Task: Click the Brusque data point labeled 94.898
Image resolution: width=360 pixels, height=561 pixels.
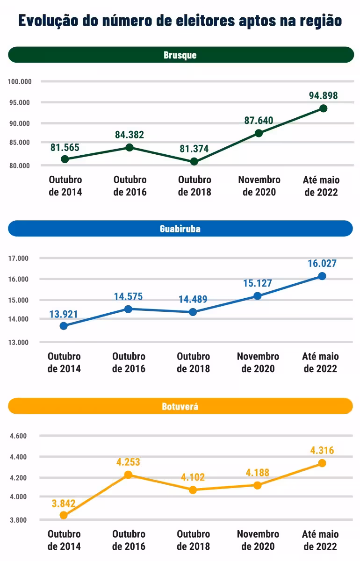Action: [x=323, y=108]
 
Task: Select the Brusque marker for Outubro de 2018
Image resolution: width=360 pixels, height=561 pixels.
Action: [x=194, y=162]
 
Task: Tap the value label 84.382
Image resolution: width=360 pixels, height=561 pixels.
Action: [x=130, y=135]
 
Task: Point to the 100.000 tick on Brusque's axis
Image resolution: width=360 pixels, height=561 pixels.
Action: [x=20, y=82]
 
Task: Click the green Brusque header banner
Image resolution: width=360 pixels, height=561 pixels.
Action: [x=180, y=55]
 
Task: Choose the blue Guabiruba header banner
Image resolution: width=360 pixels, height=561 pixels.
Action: [x=180, y=229]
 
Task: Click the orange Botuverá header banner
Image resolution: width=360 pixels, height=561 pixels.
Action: [x=180, y=406]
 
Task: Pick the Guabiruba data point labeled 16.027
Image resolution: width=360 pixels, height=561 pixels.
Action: [x=322, y=276]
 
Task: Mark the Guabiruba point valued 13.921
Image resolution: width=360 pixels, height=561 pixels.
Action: [x=64, y=326]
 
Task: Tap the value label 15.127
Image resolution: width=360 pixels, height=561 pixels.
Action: [x=257, y=283]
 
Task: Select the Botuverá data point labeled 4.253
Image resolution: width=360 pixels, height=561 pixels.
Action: [x=129, y=475]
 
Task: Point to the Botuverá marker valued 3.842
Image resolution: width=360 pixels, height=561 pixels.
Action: [x=64, y=516]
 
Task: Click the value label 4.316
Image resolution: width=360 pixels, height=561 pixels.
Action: [x=322, y=451]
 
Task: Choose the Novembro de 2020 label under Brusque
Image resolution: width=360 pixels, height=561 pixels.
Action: [x=259, y=186]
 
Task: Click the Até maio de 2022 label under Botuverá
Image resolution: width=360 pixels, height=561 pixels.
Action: [x=320, y=540]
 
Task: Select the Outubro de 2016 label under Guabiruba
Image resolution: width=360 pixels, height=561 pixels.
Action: [x=129, y=362]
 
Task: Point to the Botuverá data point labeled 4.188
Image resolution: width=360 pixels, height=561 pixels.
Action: [x=257, y=485]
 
